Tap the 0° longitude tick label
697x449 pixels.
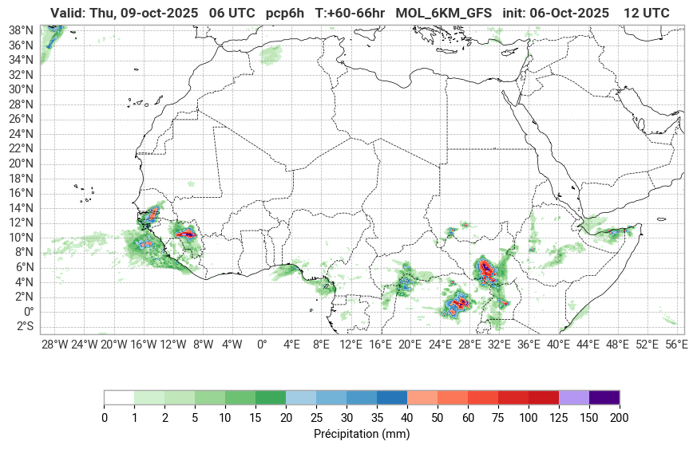pyautogui.click(x=262, y=345)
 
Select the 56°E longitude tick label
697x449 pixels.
pyautogui.click(x=676, y=345)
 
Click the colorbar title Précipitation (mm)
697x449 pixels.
pyautogui.click(x=361, y=435)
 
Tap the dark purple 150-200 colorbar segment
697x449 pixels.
pyautogui.click(x=604, y=397)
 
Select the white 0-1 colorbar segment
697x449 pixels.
pyautogui.click(x=119, y=397)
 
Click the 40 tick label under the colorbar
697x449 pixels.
pyautogui.click(x=406, y=417)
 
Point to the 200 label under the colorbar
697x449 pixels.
pyautogui.click(x=619, y=417)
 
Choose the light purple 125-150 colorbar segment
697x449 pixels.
pyautogui.click(x=573, y=397)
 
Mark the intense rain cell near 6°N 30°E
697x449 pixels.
pyautogui.click(x=486, y=269)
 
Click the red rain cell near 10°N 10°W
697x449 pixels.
pyautogui.click(x=186, y=234)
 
